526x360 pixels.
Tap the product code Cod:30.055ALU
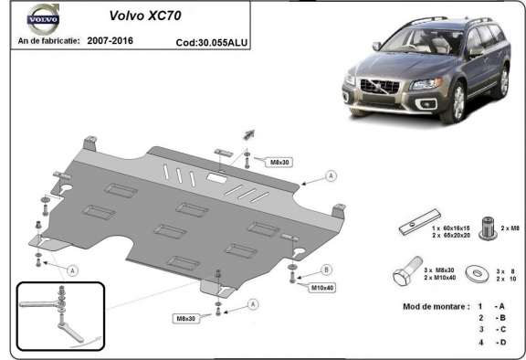pos(211,42)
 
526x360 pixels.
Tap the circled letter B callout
pos(328,270)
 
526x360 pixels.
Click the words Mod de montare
pos(435,306)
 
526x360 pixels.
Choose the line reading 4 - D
pos(489,342)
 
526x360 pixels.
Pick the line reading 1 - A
pos(489,306)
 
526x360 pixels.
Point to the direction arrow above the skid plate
pos(249,134)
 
